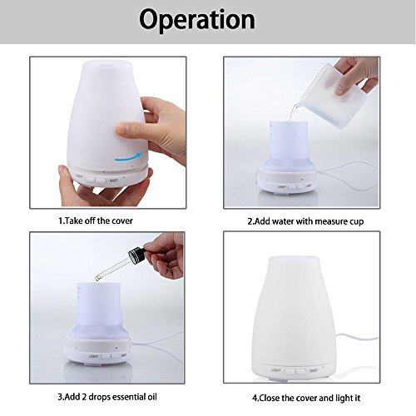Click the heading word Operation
point(197,20)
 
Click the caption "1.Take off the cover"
point(96,220)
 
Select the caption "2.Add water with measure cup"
point(305,221)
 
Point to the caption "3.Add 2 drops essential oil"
point(107,397)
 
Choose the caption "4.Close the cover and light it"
point(306,398)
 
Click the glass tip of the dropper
point(98,277)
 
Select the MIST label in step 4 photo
point(314,370)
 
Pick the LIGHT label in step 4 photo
point(276,370)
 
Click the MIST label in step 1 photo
point(114,181)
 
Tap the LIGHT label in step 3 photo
point(94,356)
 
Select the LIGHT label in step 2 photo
point(281,186)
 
